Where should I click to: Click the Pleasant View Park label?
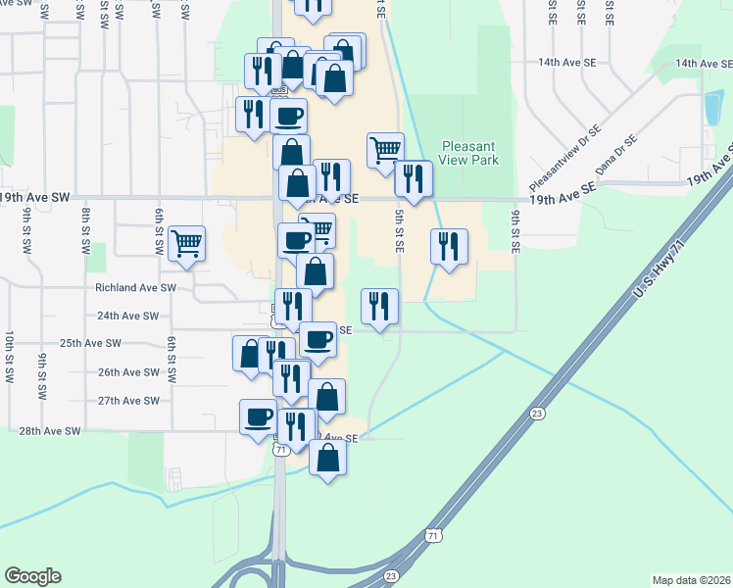tap(469, 153)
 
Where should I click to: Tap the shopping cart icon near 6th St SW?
tap(186, 244)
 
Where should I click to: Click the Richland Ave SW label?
tap(134, 288)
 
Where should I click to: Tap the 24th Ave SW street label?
tap(127, 316)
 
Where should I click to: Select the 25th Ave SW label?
tap(90, 344)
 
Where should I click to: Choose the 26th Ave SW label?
tap(128, 372)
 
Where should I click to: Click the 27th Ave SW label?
tap(128, 401)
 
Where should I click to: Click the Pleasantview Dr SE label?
tap(563, 158)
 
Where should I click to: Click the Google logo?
tap(32, 576)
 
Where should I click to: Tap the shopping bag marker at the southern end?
tap(327, 458)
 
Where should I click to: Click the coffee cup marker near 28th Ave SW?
tap(259, 416)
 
